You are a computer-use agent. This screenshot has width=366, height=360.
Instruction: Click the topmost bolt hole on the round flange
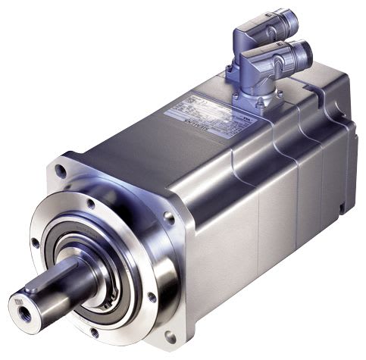[91, 203]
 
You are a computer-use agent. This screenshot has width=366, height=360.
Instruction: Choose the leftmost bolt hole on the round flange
[35, 243]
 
